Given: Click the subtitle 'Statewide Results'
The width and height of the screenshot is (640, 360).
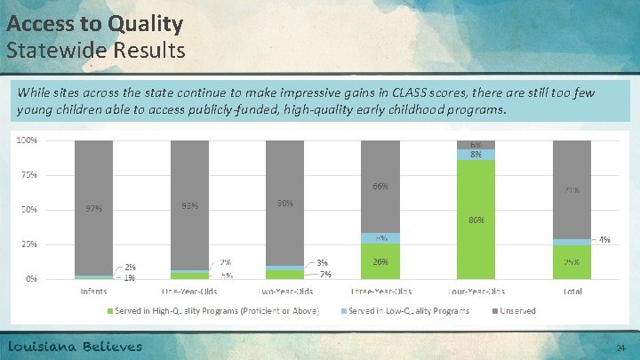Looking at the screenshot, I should [96, 50].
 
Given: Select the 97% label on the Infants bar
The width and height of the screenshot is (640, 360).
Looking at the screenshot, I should [93, 209].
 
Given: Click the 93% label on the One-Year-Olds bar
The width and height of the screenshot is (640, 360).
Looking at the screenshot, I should [189, 206].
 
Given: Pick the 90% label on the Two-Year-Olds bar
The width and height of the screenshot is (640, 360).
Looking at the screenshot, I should [284, 203].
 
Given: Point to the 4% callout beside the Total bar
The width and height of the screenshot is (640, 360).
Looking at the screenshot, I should [604, 240].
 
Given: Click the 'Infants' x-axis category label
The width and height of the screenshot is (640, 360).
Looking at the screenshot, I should [94, 291].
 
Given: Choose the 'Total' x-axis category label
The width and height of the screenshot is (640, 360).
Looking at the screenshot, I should [572, 291].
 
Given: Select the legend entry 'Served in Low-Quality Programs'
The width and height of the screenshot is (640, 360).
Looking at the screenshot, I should [388, 310].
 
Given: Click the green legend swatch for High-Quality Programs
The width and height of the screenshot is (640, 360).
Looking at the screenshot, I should [110, 310].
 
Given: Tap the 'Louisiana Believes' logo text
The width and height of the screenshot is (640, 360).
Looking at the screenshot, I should [76, 347].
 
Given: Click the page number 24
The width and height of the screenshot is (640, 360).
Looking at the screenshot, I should [620, 348].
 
